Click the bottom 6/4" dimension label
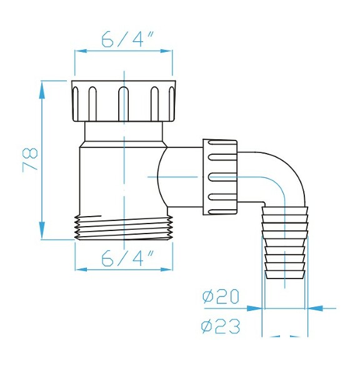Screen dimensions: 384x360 pos(124,257)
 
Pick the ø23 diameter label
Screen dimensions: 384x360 pos(221,326)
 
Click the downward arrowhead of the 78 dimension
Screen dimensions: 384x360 pos(42,231)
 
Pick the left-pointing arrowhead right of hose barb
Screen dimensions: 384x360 pos(314,308)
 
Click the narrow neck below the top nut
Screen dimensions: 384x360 pos(124,132)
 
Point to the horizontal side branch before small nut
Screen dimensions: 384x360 pos(184,177)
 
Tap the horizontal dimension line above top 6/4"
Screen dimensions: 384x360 pos(124,52)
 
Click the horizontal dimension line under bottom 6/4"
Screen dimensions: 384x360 pos(124,270)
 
